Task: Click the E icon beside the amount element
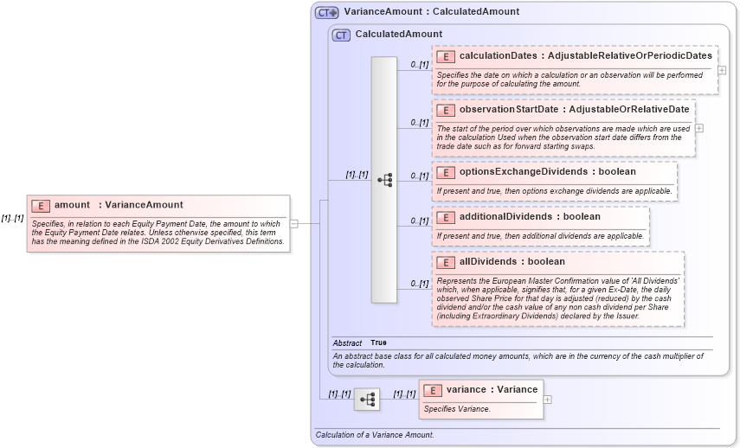(41, 205)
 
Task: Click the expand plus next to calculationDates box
(722, 70)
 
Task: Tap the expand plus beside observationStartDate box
(699, 128)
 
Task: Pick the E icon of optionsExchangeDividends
(446, 172)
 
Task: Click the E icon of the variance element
(433, 390)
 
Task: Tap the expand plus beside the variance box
(547, 399)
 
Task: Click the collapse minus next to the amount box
(294, 223)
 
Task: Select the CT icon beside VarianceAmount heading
(326, 12)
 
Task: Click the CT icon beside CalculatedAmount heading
(342, 35)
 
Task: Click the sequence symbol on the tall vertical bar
(384, 180)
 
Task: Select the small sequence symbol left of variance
(367, 399)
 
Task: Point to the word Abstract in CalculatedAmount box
(347, 343)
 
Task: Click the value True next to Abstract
(378, 343)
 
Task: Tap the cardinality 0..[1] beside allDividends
(419, 284)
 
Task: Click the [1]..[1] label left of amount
(12, 219)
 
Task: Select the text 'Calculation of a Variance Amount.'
(374, 435)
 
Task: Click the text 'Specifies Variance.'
(457, 409)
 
